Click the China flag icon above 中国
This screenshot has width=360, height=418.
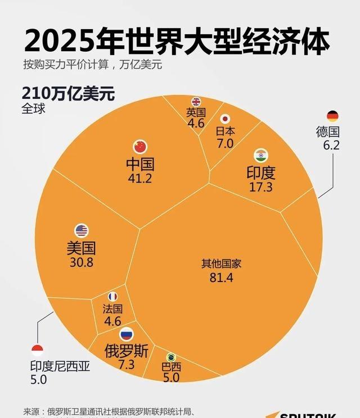[x=139, y=147]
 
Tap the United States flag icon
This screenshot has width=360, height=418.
[x=82, y=230]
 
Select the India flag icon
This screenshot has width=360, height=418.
[x=260, y=155]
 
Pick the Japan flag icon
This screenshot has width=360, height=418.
[x=225, y=119]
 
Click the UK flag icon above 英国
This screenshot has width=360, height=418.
[x=196, y=102]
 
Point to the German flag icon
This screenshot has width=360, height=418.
[x=332, y=116]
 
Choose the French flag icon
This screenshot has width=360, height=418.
[x=112, y=296]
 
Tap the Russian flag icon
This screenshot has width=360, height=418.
[x=127, y=334]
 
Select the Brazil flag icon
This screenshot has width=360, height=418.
[x=171, y=357]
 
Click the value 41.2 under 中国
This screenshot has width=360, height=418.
[x=139, y=179]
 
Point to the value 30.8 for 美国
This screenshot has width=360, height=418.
[x=82, y=262]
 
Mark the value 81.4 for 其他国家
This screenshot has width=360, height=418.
[x=221, y=278]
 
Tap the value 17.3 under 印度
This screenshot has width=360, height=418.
[x=260, y=187]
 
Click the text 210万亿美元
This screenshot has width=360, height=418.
[x=68, y=93]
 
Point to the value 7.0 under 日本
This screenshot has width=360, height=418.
[x=225, y=143]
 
